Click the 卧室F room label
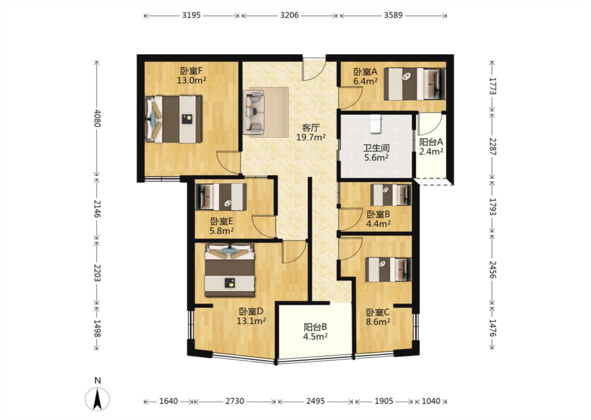pos(191,71)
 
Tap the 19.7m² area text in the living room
pos(311,137)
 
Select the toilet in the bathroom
pos(376,123)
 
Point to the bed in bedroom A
pos(415,84)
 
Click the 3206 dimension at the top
pos(289,15)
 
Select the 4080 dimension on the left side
pos(97,118)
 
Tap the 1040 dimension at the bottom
pos(431,402)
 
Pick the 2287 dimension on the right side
pos(492,146)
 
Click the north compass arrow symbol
pos(97,399)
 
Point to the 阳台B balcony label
pos(315,327)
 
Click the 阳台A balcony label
pos(431,142)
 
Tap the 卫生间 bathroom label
pos(376,148)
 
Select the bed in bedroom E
pos(221,197)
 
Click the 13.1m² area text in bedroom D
pos(251,321)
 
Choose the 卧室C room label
pos(378,313)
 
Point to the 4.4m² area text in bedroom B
pos(378,224)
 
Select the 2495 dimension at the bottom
pos(315,402)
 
